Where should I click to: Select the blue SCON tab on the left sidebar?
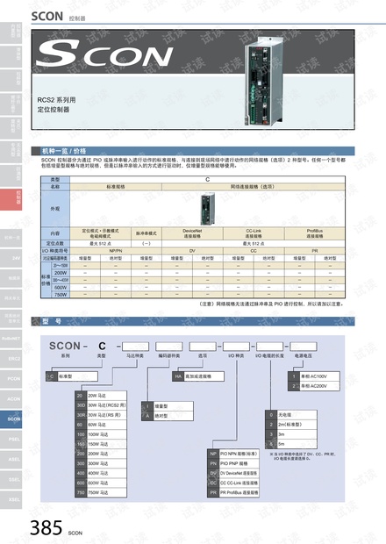(x=14, y=420)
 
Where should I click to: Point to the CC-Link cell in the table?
(x=255, y=233)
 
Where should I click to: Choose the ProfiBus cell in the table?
(x=315, y=233)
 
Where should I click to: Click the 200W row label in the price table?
(x=61, y=273)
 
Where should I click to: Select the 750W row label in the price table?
(x=61, y=294)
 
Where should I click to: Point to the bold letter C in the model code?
(x=102, y=345)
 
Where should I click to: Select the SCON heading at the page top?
(x=46, y=15)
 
